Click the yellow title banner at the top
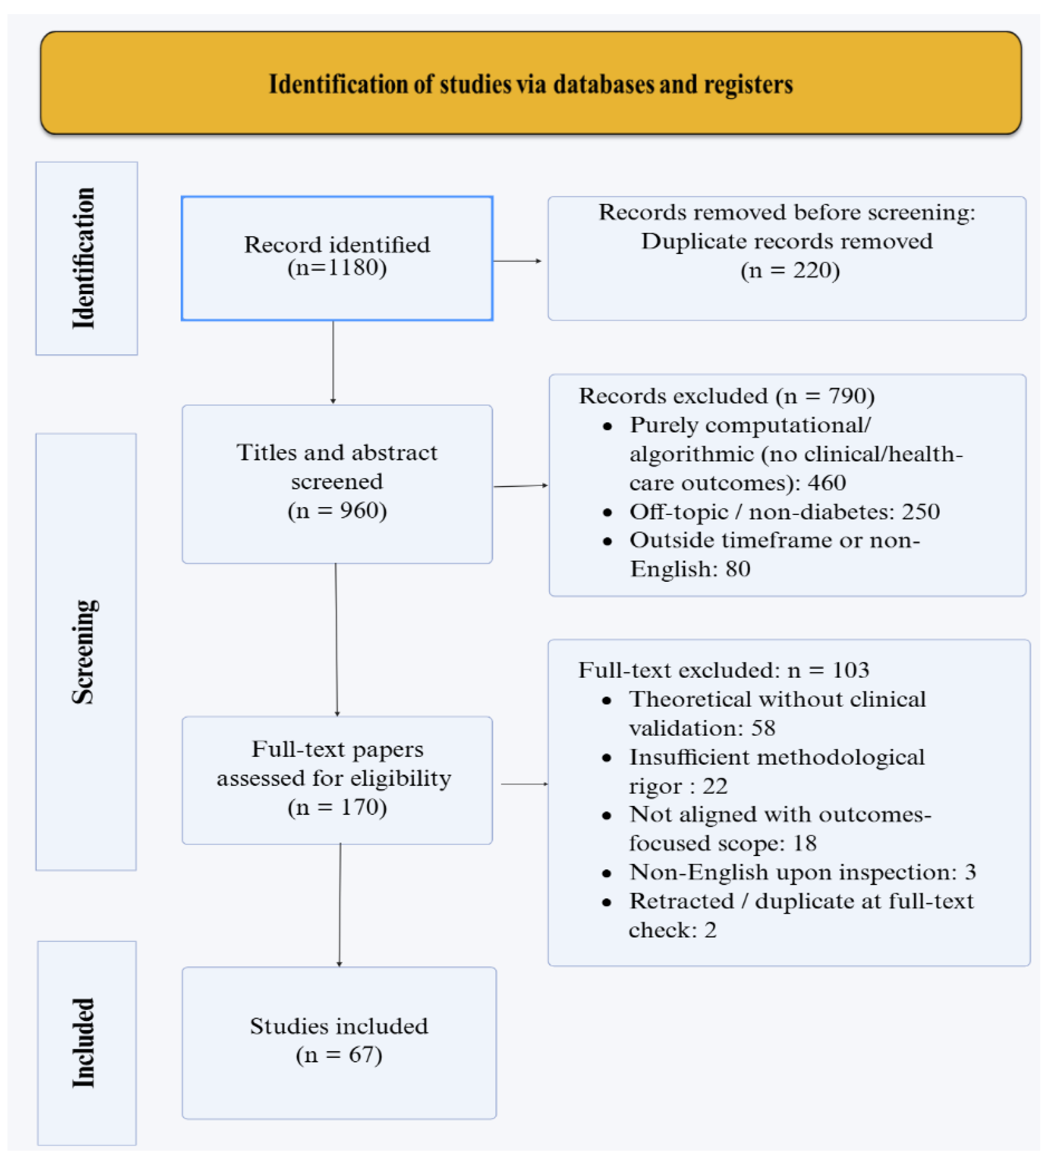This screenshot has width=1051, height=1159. (530, 83)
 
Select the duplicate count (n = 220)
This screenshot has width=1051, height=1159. (790, 270)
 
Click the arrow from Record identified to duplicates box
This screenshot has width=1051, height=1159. (518, 261)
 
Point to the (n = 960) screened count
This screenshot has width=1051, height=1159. (337, 510)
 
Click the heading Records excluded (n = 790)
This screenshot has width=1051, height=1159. (726, 396)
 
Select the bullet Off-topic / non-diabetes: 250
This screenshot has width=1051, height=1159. (784, 512)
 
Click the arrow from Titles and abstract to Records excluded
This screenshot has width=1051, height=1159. (521, 486)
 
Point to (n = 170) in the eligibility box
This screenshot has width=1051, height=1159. (337, 807)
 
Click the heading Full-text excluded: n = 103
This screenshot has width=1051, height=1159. (723, 670)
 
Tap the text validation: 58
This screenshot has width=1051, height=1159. (702, 728)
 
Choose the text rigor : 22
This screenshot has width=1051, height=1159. (678, 786)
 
